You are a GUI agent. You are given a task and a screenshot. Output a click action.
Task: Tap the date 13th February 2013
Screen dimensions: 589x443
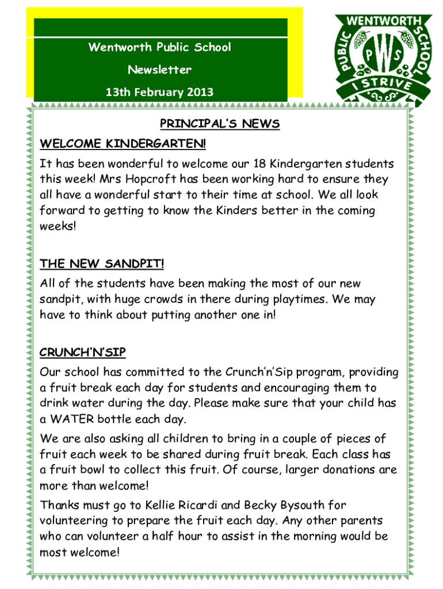coord(159,92)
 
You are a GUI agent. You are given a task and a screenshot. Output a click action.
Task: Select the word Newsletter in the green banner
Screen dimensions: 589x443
coord(159,70)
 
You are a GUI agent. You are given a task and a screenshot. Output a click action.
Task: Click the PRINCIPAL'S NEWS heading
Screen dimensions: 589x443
coord(219,124)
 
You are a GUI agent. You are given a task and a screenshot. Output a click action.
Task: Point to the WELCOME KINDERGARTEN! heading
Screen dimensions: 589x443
coord(123,143)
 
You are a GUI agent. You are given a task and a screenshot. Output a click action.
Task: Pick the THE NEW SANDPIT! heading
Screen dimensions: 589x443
coord(102,264)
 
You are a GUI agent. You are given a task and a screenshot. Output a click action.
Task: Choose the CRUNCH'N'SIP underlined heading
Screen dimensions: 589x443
coord(83,351)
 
